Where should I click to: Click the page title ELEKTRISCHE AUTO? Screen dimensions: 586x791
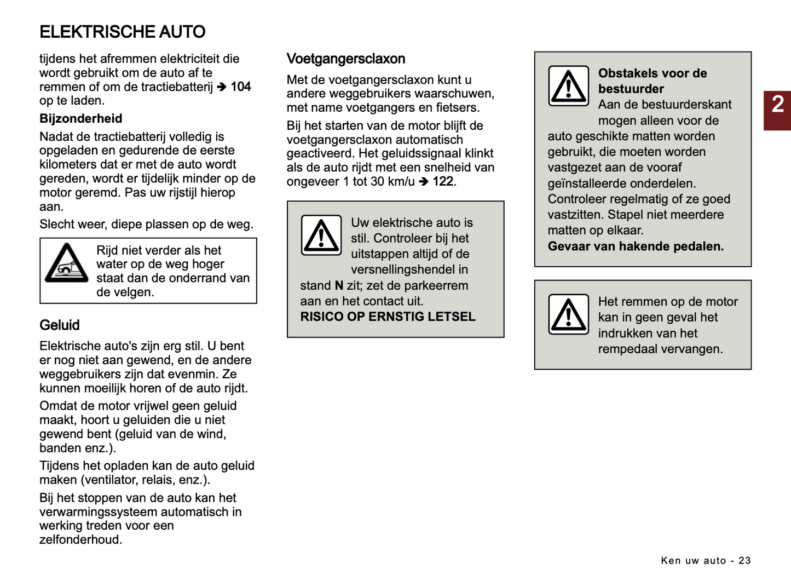[122, 32]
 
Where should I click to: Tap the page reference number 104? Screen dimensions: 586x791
[241, 87]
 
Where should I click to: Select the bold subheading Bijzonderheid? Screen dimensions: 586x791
[80, 119]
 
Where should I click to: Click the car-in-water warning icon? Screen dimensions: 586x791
[67, 263]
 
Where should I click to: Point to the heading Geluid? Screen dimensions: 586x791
[59, 325]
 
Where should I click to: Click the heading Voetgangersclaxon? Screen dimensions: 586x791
[345, 59]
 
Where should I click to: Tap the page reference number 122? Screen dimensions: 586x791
[443, 181]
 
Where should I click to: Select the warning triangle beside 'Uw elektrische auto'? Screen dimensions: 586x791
[321, 235]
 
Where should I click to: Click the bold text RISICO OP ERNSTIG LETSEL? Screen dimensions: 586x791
[388, 317]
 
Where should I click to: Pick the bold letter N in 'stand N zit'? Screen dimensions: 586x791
[339, 286]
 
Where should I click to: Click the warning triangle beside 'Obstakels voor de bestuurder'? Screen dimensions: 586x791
[568, 86]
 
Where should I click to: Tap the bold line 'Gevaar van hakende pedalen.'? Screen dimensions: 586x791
[636, 246]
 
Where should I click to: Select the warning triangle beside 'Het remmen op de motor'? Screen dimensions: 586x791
[568, 314]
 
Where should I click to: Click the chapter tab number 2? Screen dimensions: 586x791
[777, 104]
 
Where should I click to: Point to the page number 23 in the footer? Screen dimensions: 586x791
[744, 560]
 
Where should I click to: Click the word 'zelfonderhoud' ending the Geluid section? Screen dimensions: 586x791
[80, 540]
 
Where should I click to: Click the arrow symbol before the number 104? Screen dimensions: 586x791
[222, 87]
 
